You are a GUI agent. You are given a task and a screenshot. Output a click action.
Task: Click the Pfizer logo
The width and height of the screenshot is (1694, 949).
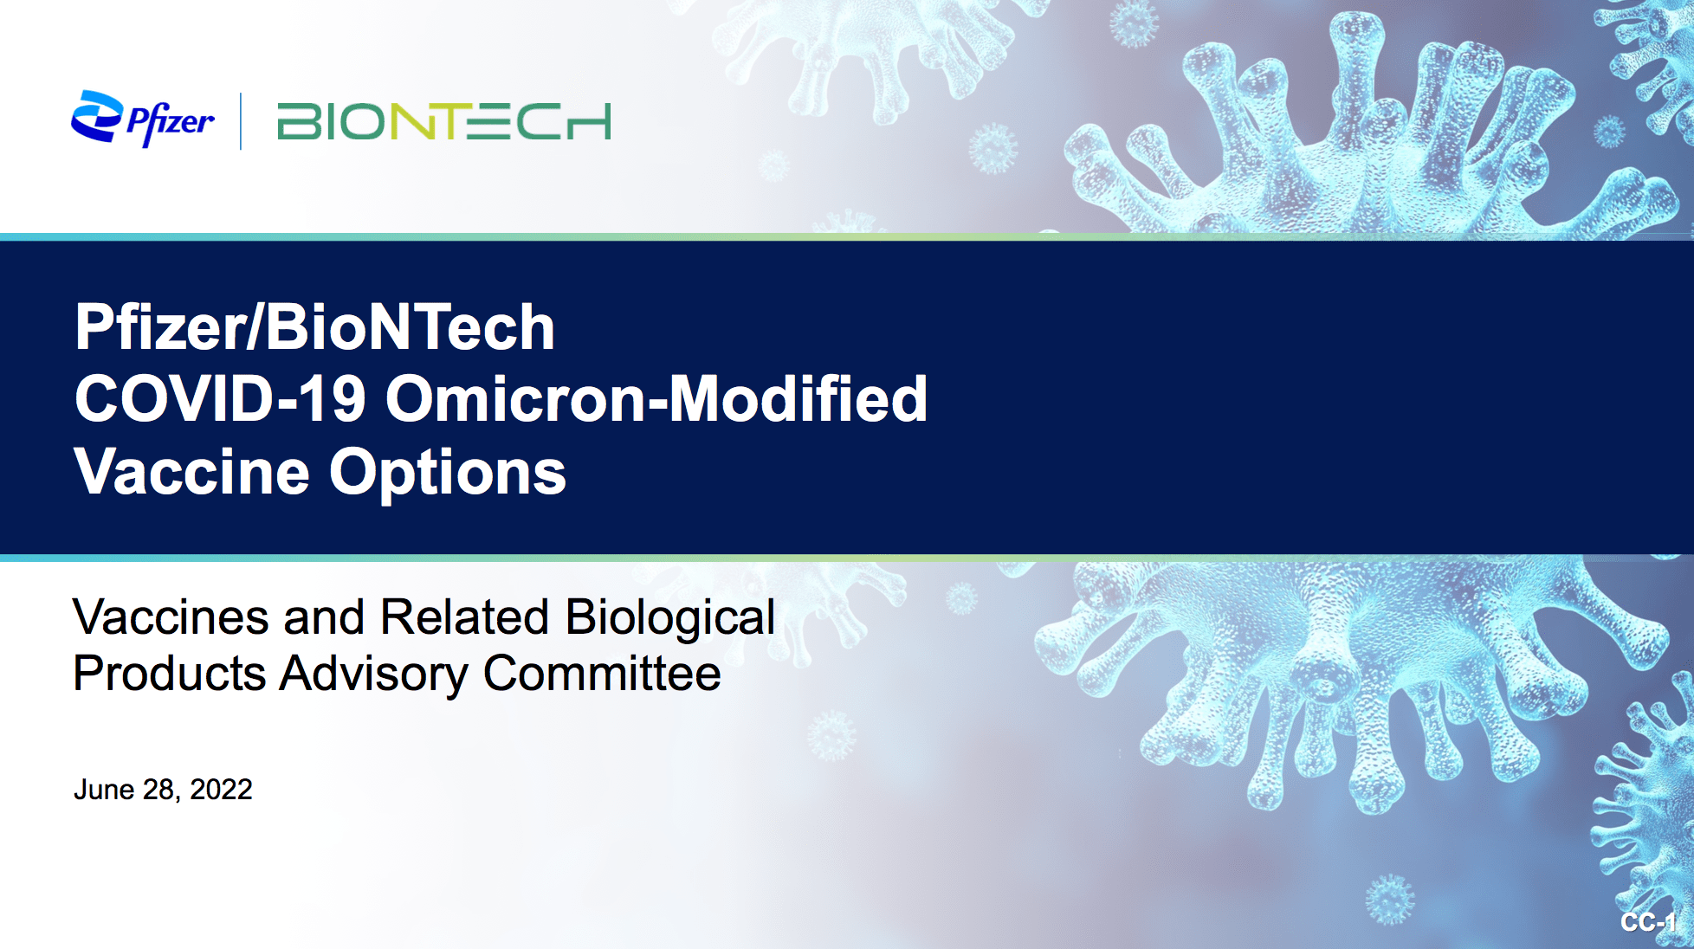[143, 119]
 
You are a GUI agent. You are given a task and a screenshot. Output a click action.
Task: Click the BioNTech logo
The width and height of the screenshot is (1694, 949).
[443, 121]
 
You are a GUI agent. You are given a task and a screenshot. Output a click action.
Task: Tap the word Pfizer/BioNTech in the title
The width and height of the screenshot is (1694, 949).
[314, 327]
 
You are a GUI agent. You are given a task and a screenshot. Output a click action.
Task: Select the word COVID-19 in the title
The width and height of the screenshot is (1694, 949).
[220, 399]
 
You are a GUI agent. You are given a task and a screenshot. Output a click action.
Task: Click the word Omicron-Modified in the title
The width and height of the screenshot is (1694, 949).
[656, 399]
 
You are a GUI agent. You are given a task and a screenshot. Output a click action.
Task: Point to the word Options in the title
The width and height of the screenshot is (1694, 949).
[447, 473]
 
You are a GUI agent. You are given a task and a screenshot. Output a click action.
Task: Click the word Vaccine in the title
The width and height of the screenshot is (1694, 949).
[191, 473]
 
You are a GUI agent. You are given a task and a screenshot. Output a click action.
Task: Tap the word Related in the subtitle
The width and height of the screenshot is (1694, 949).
[464, 617]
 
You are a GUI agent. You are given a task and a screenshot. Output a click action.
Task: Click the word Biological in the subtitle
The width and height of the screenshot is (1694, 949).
[669, 617]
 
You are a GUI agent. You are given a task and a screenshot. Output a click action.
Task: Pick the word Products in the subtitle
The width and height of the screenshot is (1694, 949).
[169, 674]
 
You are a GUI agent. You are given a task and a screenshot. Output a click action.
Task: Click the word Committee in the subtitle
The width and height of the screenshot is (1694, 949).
[602, 674]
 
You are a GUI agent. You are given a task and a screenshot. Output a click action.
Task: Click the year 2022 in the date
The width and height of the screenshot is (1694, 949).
[221, 790]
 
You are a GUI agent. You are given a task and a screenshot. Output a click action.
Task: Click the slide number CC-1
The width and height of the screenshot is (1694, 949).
[1648, 922]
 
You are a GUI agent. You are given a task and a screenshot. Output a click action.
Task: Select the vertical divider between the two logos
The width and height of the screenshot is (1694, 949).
[241, 121]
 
